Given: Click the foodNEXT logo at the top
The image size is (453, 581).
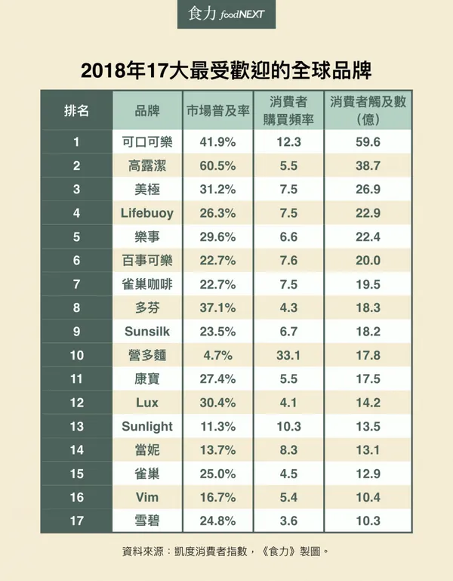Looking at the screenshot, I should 226,14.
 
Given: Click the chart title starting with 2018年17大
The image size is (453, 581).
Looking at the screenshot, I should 226,72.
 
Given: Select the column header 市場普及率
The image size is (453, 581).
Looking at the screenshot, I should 217,111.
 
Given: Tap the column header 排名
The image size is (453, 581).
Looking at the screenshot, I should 76,111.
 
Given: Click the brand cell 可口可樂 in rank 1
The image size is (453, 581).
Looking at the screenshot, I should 146,141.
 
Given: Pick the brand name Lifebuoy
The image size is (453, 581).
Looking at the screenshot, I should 146,213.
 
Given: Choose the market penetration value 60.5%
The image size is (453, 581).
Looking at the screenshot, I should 217,165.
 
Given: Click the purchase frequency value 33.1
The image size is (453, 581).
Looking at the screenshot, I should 288,355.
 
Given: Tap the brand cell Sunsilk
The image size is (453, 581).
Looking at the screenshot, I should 146,332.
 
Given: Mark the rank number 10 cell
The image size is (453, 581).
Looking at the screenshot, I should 76,355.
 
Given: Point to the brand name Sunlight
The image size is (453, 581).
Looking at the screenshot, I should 146,426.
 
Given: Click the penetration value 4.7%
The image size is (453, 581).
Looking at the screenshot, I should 217,355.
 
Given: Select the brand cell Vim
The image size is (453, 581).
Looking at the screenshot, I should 146,497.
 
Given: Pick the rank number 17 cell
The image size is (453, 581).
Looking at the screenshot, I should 76,521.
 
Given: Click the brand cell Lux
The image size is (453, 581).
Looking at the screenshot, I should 146,403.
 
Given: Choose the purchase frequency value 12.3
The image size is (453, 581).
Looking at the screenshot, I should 288,141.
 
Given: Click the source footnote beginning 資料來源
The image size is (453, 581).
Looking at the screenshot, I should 226,552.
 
